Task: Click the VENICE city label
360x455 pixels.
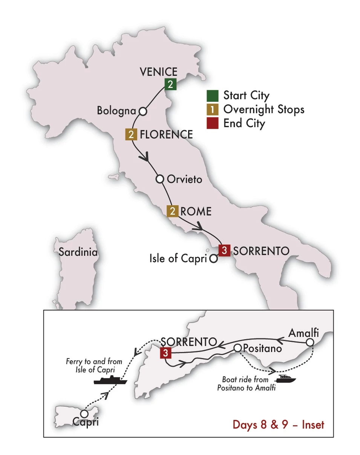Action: pyautogui.click(x=158, y=72)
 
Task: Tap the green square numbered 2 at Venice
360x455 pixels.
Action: pyautogui.click(x=170, y=85)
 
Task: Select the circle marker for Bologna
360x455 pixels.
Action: pyautogui.click(x=142, y=111)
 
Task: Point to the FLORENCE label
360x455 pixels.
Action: pyautogui.click(x=166, y=134)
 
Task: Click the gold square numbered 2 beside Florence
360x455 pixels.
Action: pyautogui.click(x=131, y=135)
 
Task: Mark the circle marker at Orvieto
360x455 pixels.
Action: pyautogui.click(x=160, y=178)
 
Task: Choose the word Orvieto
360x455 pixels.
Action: pyautogui.click(x=185, y=179)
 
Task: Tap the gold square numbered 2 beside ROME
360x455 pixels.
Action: pyautogui.click(x=172, y=211)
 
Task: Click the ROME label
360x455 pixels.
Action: pyautogui.click(x=196, y=211)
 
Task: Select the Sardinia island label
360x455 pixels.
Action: pyautogui.click(x=78, y=252)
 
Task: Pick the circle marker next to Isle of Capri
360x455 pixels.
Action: pyautogui.click(x=213, y=259)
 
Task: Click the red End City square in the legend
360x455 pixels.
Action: pyautogui.click(x=213, y=123)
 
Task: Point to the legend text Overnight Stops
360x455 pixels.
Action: pyautogui.click(x=263, y=109)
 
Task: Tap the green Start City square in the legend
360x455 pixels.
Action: pyautogui.click(x=213, y=95)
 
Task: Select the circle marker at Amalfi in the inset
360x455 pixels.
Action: pyautogui.click(x=309, y=343)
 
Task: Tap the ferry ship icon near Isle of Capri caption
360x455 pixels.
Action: pyautogui.click(x=110, y=380)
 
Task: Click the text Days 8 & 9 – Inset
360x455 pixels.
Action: pyautogui.click(x=278, y=424)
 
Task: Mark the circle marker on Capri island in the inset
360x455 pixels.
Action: pyautogui.click(x=84, y=414)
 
